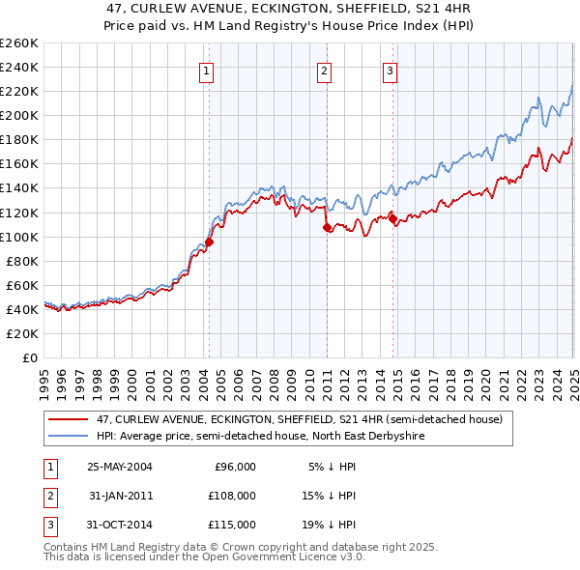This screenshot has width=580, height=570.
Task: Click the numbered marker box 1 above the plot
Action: pos(208,70)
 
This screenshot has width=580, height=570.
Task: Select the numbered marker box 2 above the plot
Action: pos(324,70)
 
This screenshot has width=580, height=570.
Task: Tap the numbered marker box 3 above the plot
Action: pos(390,70)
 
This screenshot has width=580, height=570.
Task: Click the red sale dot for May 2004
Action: pos(209,242)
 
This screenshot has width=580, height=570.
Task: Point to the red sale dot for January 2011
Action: pos(327,227)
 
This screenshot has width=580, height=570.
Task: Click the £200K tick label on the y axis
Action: pos(18,115)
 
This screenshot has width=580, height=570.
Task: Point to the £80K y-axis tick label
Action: pos(21,261)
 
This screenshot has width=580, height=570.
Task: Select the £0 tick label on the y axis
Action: pos(30,357)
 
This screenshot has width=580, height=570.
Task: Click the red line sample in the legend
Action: pos(68,420)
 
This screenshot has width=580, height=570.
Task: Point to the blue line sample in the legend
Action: pos(68,437)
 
